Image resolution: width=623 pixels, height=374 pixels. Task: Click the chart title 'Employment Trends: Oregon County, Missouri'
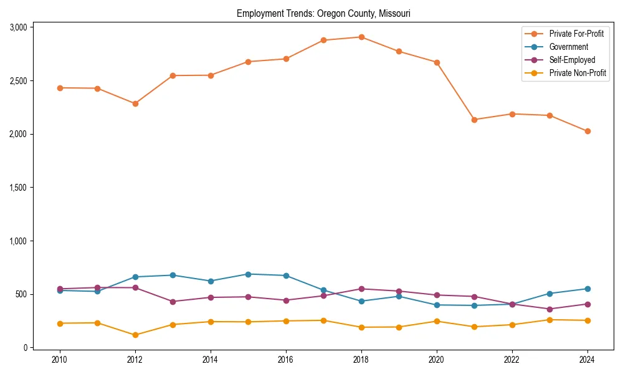tap(323, 13)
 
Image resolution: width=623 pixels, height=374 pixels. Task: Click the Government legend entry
tap(568, 47)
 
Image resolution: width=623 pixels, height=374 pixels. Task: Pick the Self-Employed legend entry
tap(572, 60)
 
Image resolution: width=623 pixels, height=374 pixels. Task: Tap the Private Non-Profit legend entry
tap(578, 74)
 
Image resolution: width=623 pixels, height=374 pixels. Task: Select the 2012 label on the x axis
tap(135, 360)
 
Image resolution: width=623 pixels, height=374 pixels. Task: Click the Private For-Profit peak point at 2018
tap(361, 37)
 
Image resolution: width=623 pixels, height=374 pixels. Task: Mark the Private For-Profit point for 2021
tap(474, 120)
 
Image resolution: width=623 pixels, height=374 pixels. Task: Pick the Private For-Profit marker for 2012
tap(135, 103)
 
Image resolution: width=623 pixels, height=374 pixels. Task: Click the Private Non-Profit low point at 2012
tap(135, 335)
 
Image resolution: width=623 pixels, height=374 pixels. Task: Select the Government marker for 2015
tap(248, 274)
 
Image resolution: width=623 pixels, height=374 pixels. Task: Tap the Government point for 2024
tap(587, 289)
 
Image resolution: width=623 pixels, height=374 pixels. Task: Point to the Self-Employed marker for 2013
tap(173, 302)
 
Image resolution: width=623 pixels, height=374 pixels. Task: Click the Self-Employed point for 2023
tap(549, 309)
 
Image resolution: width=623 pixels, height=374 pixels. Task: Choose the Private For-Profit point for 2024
tap(587, 132)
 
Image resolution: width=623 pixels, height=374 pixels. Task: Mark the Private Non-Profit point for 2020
tap(437, 321)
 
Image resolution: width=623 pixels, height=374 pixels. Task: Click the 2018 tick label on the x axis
tap(361, 360)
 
